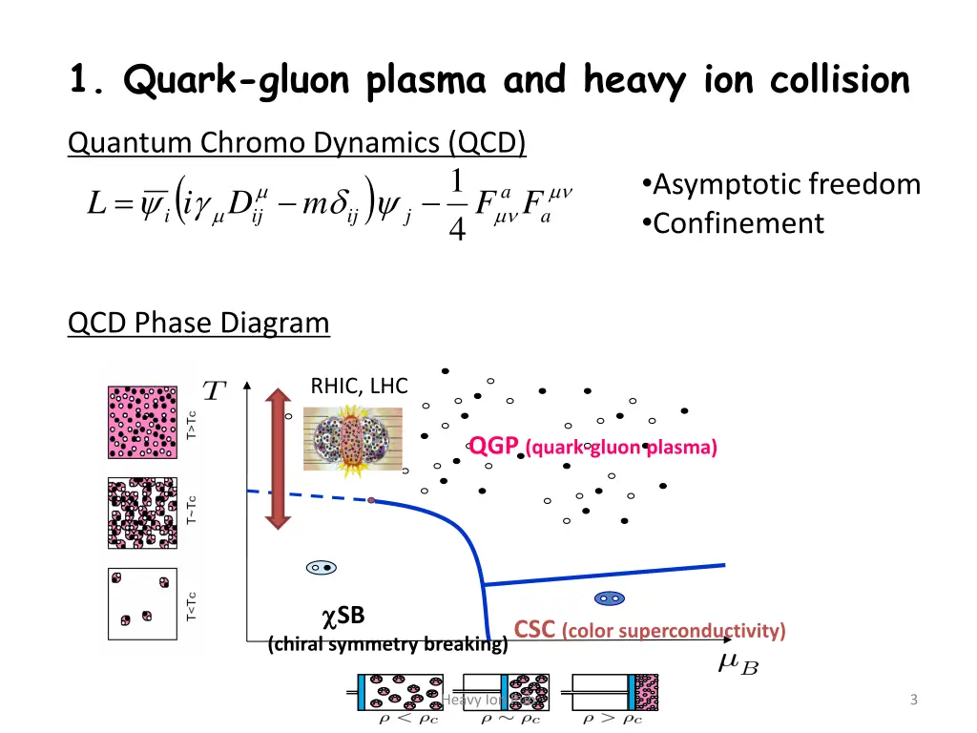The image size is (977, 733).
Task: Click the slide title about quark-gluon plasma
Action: click(488, 80)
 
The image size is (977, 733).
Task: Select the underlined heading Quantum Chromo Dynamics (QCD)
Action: click(297, 143)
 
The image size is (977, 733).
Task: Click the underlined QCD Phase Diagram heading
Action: click(198, 324)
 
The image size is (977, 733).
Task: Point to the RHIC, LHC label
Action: click(359, 386)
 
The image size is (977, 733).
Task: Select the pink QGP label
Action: click(493, 446)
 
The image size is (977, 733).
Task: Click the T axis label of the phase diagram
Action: click(215, 391)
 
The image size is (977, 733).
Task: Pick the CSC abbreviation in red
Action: click(534, 630)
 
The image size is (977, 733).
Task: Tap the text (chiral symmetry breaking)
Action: click(388, 644)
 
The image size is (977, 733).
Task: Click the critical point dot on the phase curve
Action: click(371, 500)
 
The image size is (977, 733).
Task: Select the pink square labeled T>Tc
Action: click(143, 421)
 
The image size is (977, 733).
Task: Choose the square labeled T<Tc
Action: click(143, 604)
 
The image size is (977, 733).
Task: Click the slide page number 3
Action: click(913, 701)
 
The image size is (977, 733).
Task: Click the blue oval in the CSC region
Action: click(608, 598)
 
